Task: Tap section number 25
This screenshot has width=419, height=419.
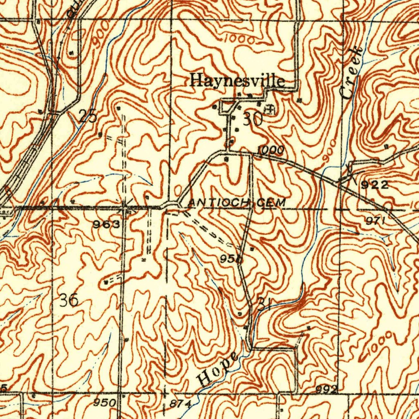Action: click(x=88, y=117)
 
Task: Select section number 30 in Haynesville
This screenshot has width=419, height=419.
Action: click(x=252, y=119)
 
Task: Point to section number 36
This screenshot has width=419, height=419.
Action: click(x=68, y=301)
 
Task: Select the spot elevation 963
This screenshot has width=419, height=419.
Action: click(x=106, y=224)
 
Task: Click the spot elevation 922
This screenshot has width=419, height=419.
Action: click(x=374, y=185)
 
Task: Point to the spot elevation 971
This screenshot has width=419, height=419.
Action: click(x=376, y=221)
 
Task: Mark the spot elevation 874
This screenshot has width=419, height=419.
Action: click(x=180, y=404)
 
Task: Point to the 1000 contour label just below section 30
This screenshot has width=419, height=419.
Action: click(x=270, y=151)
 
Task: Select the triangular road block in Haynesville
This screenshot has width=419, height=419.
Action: click(x=228, y=108)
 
